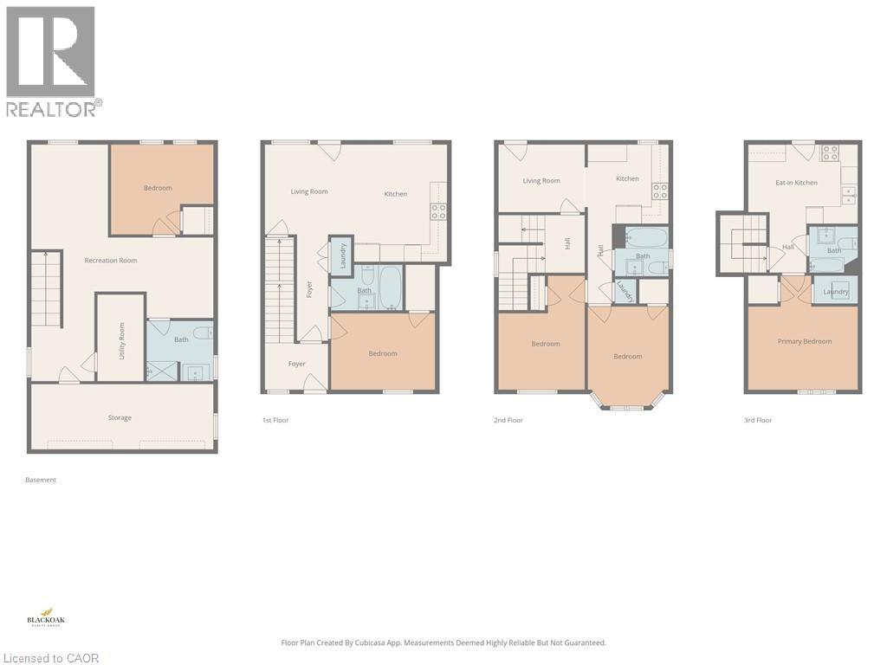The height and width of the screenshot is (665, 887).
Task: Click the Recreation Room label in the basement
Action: pos(111,261)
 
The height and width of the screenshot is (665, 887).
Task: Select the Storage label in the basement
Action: pos(120,418)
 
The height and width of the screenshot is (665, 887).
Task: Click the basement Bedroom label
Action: pos(158,188)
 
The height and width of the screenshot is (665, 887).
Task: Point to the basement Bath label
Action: pos(181,339)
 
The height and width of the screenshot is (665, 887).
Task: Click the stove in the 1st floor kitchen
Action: pos(438,210)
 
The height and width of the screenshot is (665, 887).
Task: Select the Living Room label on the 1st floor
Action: pos(309,191)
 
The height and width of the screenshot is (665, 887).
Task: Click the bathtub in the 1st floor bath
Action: pos(390,287)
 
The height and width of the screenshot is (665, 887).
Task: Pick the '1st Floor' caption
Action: pos(275,421)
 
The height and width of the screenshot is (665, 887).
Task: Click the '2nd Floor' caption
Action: pos(508,421)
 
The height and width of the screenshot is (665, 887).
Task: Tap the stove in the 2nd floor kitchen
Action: pos(660,191)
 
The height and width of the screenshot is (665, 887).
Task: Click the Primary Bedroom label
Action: pos(804,341)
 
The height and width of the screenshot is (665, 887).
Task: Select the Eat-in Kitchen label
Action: pos(796,183)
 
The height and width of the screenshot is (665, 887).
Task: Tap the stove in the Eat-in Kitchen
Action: pos(829,153)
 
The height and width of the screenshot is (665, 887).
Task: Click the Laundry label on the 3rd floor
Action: pos(836,292)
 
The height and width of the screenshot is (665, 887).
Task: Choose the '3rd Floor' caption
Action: pos(758,421)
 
